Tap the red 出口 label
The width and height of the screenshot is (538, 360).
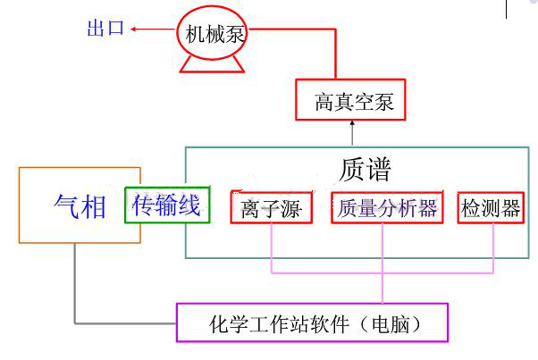(x=105, y=29)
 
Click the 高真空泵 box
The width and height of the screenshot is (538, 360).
(x=344, y=101)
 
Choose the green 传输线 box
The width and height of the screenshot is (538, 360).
(x=167, y=206)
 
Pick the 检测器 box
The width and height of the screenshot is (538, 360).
(x=490, y=208)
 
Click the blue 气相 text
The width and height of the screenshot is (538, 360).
(x=80, y=206)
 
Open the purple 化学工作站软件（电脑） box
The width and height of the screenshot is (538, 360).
(x=312, y=322)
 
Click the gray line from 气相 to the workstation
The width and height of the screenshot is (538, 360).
(x=75, y=286)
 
